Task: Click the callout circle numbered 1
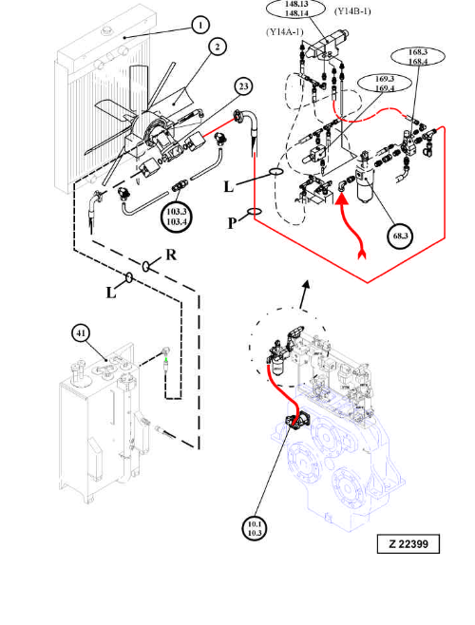point(200,26)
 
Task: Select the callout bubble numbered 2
point(217,47)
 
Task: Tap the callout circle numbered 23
point(244,86)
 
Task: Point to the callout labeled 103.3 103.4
point(177,217)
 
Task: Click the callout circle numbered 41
point(81,333)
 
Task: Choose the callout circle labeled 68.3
point(400,236)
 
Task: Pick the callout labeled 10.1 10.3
point(255,528)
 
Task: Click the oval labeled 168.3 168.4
point(418,57)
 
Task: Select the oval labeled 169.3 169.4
point(385,84)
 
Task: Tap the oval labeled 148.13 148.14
point(296,9)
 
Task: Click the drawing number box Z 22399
point(408,543)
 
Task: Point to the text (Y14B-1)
point(352,11)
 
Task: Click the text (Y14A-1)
point(285,32)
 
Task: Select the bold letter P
point(233,223)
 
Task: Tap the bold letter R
point(171,255)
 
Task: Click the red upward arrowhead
point(343,197)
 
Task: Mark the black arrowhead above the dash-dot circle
point(306,284)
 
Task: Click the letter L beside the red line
point(229,186)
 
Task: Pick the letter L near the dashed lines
point(111,294)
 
